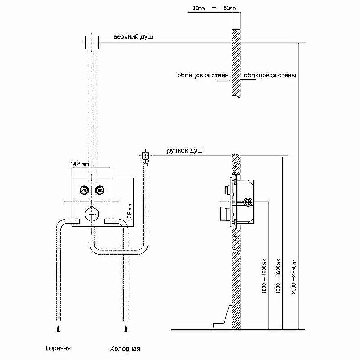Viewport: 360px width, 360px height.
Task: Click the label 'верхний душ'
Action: [133, 37]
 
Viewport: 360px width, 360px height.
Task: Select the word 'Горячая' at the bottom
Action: [58, 348]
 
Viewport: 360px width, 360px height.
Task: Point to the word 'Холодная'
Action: [125, 348]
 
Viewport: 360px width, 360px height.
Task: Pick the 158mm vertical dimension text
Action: [130, 212]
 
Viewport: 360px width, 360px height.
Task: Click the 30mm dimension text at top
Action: [198, 8]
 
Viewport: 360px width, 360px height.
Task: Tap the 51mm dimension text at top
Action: [229, 8]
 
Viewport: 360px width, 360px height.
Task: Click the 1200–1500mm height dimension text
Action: [279, 273]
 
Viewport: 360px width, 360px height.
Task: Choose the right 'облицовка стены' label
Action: [270, 76]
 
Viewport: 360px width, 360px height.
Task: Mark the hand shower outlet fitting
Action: [145, 157]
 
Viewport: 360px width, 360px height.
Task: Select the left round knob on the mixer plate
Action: [84, 190]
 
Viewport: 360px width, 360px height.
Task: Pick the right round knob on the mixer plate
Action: [99, 190]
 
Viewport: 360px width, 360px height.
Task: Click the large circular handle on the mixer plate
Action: [91, 213]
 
